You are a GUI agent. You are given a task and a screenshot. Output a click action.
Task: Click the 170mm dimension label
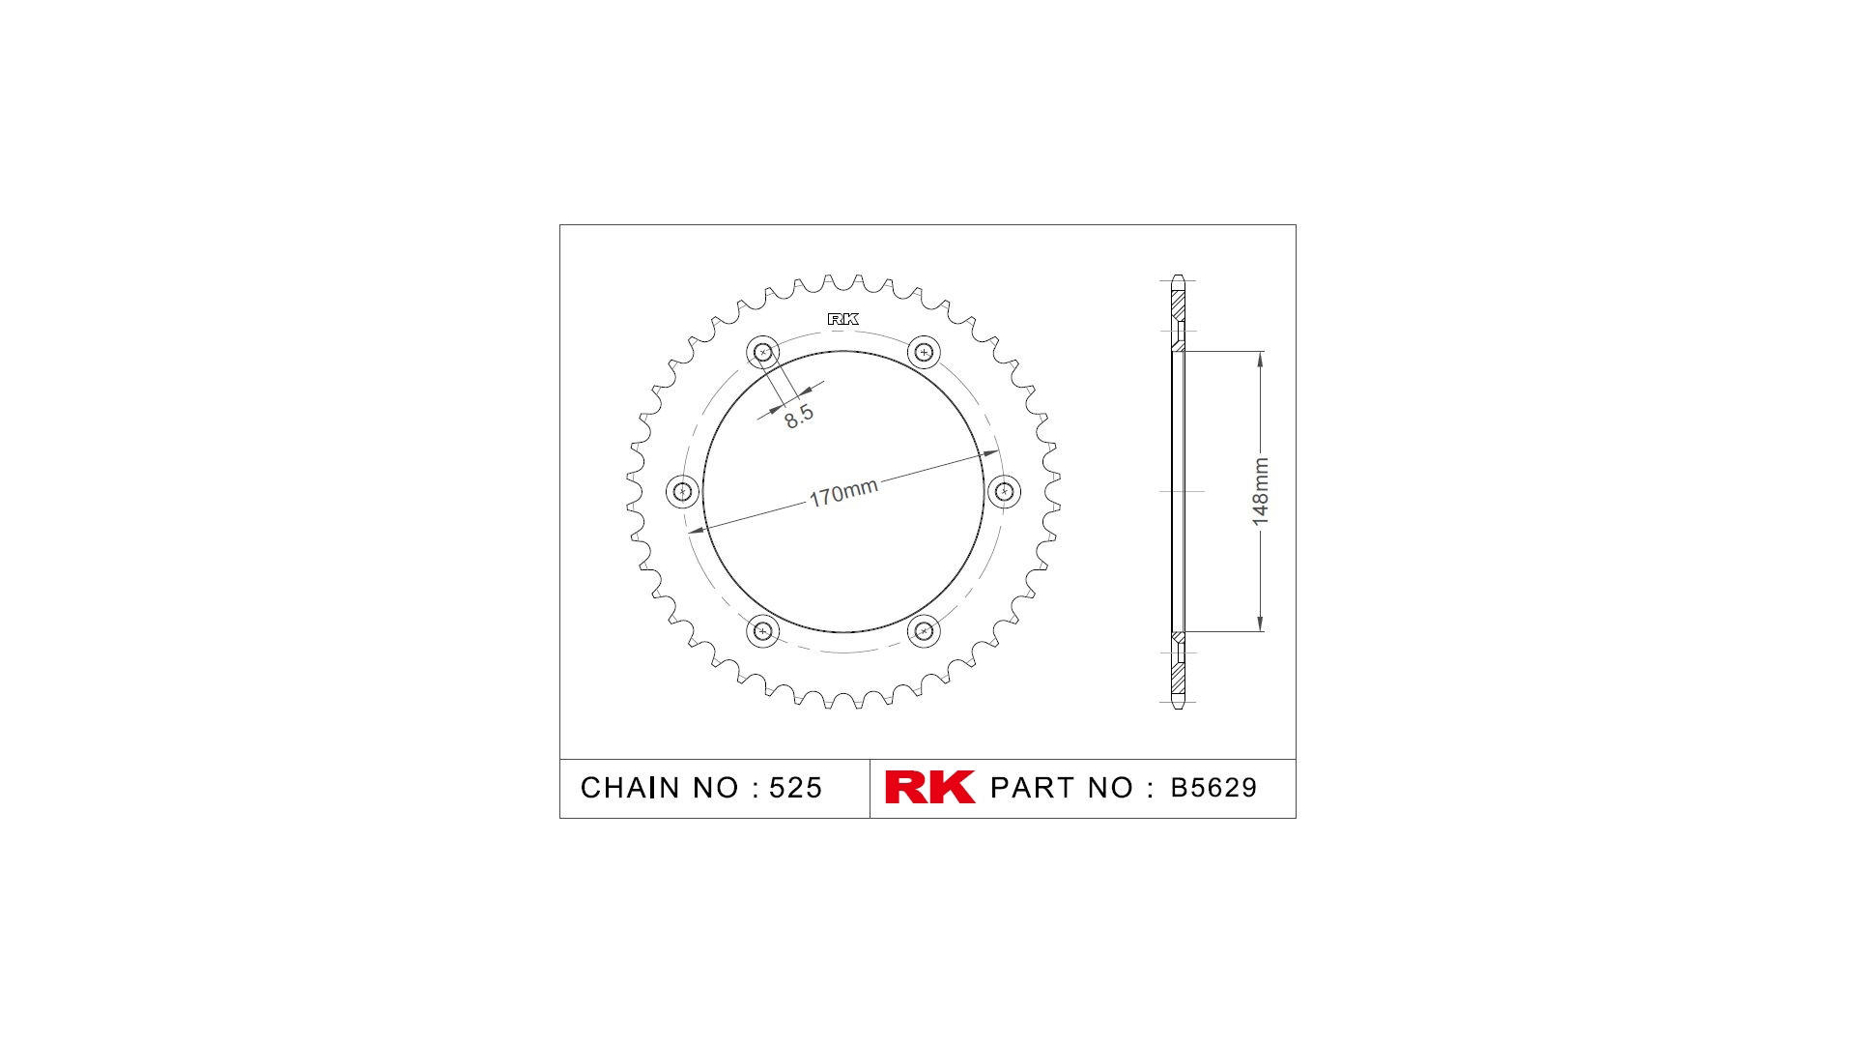coord(842,493)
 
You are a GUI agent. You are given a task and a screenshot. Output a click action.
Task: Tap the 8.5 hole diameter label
coord(798,416)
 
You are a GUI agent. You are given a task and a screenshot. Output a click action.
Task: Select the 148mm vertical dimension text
coord(1260,492)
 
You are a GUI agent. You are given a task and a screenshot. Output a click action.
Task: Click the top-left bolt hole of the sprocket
coord(763,353)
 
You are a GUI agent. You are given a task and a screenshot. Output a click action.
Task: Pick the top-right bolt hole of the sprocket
coord(924,353)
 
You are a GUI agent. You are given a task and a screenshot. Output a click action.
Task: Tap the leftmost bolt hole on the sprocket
coord(683,491)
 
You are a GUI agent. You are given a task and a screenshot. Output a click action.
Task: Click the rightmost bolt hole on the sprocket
coord(1004,491)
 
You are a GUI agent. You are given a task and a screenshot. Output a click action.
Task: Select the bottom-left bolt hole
coord(763,631)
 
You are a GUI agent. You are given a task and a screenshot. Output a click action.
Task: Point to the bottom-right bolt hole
coord(924,631)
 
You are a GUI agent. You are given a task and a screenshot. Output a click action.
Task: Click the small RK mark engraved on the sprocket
coord(842,319)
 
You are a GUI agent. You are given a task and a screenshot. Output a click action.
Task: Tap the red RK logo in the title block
coord(929,787)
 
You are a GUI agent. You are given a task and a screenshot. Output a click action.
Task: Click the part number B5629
coord(1213,788)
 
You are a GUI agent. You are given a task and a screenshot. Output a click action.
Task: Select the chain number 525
coord(795,788)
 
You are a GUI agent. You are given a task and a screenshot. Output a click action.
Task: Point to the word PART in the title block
coord(1032,788)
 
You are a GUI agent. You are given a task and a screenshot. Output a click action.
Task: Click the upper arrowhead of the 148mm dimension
coord(1260,360)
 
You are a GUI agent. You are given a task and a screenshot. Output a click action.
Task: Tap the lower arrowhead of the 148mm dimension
coord(1260,623)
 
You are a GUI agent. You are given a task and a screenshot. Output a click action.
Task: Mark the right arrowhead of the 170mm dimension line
coord(991,452)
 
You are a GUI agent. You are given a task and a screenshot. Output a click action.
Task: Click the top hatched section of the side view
coord(1178,304)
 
